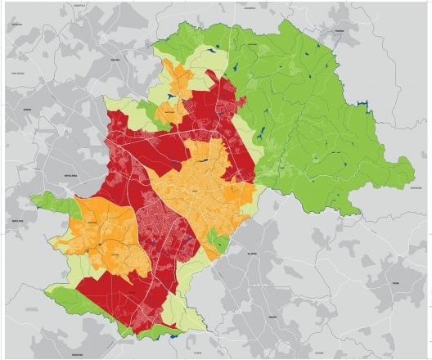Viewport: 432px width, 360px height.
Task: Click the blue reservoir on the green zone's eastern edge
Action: [368, 104]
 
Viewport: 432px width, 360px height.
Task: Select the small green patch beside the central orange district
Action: [217, 241]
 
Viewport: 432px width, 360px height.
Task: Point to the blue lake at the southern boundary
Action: [173, 335]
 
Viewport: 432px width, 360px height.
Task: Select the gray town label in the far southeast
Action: [396, 283]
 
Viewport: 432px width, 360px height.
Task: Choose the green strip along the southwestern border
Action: [90, 315]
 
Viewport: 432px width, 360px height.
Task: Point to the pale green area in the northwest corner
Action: [123, 105]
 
